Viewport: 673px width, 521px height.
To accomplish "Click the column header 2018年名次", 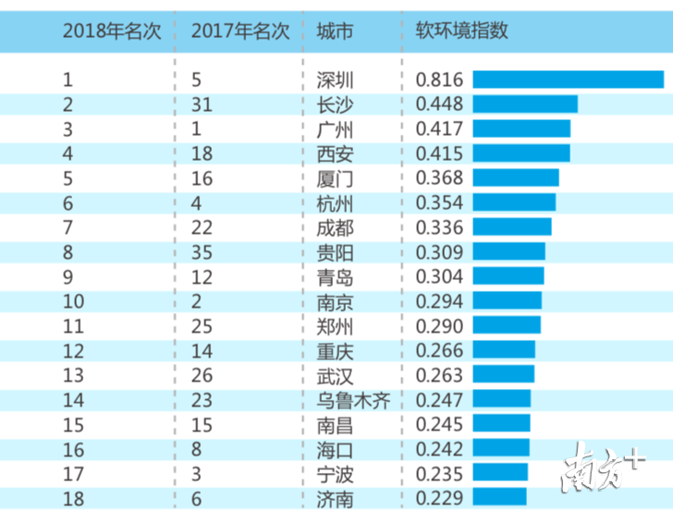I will point(112,31).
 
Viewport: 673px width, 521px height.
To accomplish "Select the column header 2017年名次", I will point(240,31).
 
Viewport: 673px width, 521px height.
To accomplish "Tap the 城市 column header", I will point(334,31).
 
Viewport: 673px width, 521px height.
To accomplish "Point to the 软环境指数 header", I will point(456,31).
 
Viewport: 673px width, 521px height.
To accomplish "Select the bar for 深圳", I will point(568,80).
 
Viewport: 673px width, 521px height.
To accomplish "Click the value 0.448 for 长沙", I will point(440,104).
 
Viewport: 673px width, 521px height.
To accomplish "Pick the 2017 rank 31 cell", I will point(202,104).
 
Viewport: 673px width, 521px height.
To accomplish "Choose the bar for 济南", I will point(499,498).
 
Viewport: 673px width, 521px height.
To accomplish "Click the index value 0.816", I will point(440,80).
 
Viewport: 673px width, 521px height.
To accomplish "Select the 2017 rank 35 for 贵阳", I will point(202,252).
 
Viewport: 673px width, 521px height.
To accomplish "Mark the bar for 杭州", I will point(514,202).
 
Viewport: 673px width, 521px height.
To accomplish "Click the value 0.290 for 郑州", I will point(440,326).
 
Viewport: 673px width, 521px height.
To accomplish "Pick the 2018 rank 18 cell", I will point(74,498).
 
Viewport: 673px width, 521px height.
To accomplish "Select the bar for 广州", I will point(521,129).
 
